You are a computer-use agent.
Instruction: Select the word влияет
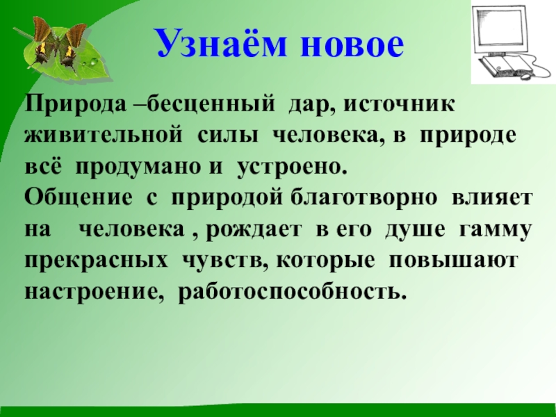point(494,199)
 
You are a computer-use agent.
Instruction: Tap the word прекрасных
point(97,260)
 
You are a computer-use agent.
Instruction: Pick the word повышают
point(453,260)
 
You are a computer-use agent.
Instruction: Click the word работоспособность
point(292,291)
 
